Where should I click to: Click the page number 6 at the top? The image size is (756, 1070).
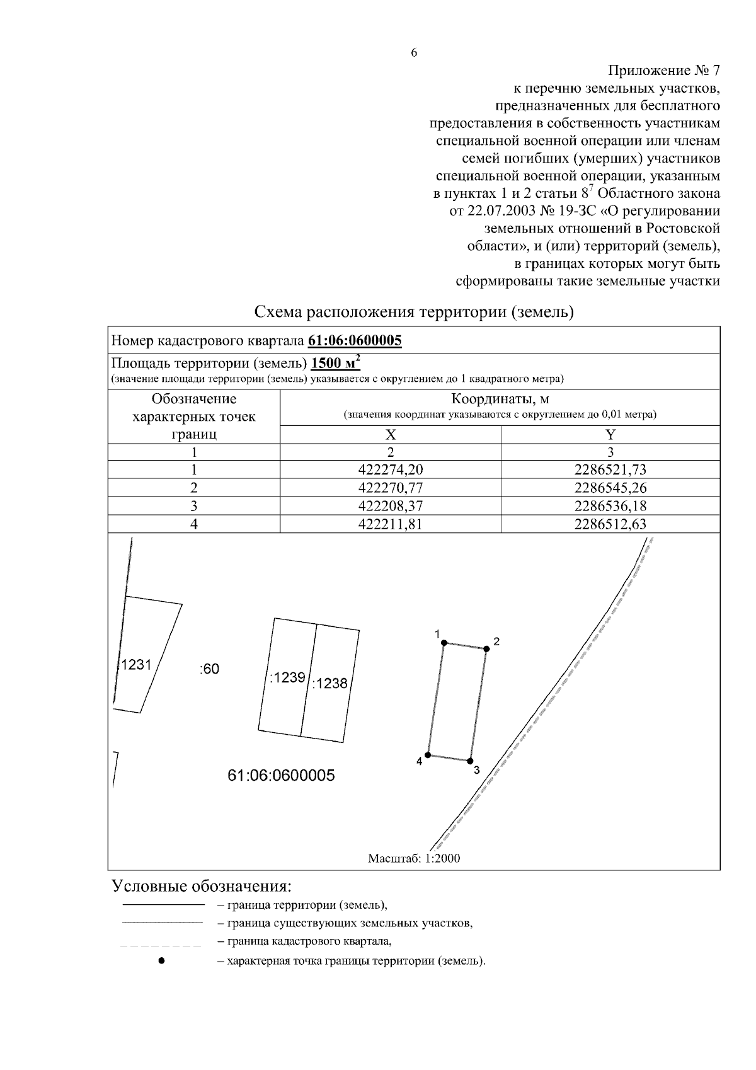coord(414,53)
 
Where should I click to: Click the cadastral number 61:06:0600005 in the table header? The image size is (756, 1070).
coord(355,341)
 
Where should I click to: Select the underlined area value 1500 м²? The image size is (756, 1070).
coord(336,364)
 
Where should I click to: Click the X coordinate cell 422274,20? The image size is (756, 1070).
coord(391,469)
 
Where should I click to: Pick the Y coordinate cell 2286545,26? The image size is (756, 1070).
coord(610,488)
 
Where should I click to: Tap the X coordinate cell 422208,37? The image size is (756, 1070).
coord(391,506)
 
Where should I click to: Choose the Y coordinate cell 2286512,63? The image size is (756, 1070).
coord(610,524)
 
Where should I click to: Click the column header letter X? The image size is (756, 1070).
coord(391,434)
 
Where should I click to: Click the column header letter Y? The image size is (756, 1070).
coord(610,434)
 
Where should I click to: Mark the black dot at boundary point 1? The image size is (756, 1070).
coord(444,643)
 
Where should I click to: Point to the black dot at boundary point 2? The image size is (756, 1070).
coord(486,649)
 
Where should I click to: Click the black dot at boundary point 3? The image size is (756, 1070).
coord(470,761)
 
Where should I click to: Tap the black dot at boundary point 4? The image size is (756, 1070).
coord(428,754)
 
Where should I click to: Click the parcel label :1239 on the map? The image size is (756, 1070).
coord(287,678)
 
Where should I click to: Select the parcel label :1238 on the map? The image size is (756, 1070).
coord(329,683)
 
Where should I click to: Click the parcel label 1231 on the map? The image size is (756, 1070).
coord(136,664)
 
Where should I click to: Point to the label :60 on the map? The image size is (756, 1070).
coord(209,669)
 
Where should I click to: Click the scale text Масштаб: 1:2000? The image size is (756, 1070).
coord(414,858)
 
